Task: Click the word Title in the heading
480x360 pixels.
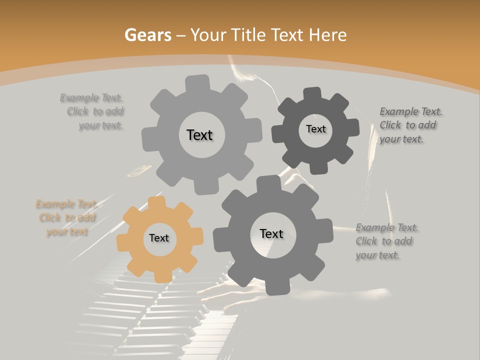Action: click(248, 35)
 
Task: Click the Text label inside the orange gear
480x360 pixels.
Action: click(159, 238)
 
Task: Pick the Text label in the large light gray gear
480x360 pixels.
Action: click(199, 135)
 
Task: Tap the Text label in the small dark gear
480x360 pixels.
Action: click(315, 129)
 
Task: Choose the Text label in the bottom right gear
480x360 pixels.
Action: click(271, 233)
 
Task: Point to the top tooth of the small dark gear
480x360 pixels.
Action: click(312, 94)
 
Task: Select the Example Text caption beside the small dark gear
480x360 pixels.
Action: click(408, 125)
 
